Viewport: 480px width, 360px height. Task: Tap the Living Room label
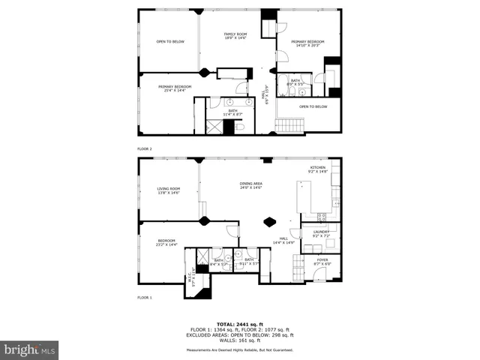click(x=168, y=190)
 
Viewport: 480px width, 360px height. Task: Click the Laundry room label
click(x=321, y=234)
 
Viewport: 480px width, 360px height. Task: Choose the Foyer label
click(x=321, y=262)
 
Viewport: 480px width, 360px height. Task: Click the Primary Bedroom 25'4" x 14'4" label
click(x=174, y=88)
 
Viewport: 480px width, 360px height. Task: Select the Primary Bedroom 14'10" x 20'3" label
click(x=307, y=43)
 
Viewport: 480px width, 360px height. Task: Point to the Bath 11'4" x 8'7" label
click(x=232, y=112)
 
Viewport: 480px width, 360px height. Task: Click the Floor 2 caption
click(x=145, y=149)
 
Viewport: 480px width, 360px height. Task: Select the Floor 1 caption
click(x=145, y=298)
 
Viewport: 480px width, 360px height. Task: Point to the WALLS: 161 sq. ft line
click(x=240, y=340)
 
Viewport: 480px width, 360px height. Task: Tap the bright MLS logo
click(x=30, y=349)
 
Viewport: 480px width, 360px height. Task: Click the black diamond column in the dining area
click(x=270, y=221)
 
